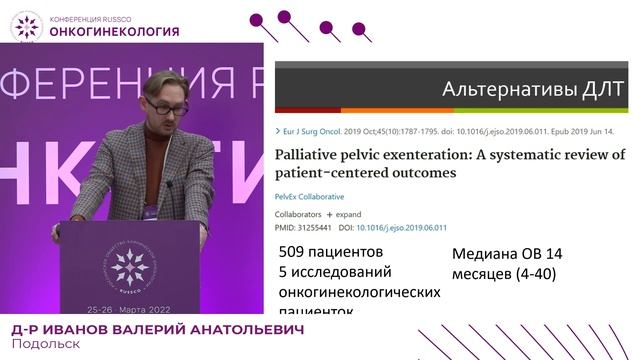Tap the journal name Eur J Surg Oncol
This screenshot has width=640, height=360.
tap(316, 131)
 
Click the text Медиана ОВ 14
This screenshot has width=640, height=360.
tap(509, 254)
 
